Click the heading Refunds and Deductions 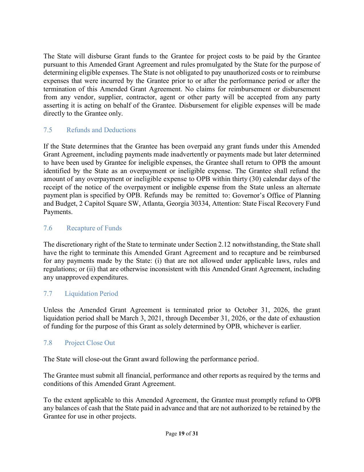[x=101, y=130]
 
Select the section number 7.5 [x=48, y=130]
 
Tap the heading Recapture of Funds [x=94, y=228]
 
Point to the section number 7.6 [x=48, y=228]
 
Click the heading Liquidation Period [x=91, y=293]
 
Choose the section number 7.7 [x=48, y=293]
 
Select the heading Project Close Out [x=90, y=343]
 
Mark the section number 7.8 [x=48, y=343]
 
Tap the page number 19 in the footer [x=181, y=433]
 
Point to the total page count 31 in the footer [x=195, y=433]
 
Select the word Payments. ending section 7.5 [x=58, y=212]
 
